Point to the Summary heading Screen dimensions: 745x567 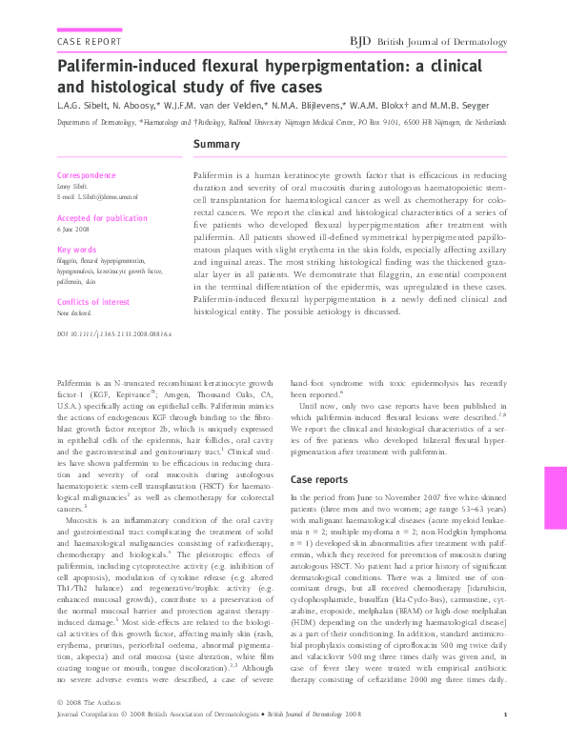215,145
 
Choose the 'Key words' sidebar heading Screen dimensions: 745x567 78,250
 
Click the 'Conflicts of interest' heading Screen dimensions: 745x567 93,302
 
